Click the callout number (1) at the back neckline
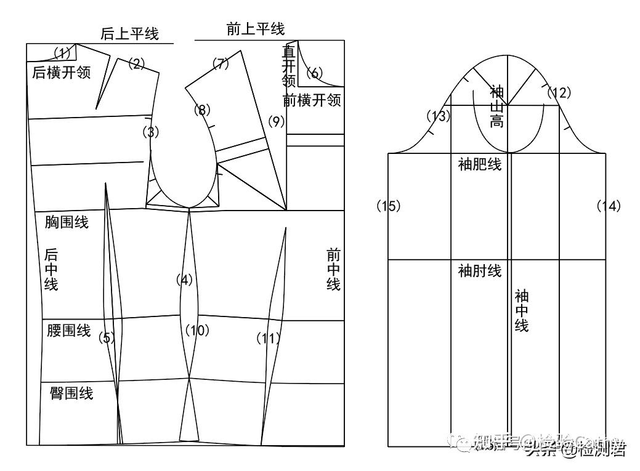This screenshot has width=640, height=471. click(x=63, y=52)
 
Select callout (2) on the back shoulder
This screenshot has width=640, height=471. click(x=136, y=63)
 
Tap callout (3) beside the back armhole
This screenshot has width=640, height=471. click(x=150, y=131)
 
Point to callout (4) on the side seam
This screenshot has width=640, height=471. click(x=184, y=280)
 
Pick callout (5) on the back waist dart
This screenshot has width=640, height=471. click(x=107, y=337)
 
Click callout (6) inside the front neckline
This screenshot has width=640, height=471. click(x=314, y=73)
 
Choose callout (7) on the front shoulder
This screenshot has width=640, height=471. click(x=221, y=63)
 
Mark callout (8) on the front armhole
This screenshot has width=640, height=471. click(x=202, y=110)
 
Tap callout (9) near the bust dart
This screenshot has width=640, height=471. click(x=277, y=122)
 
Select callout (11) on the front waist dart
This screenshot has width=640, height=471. click(x=268, y=338)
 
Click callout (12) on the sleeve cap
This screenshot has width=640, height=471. click(x=559, y=93)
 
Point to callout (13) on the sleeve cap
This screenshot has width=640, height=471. click(x=438, y=116)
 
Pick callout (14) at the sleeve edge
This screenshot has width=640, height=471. click(x=609, y=206)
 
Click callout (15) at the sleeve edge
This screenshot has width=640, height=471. click(x=389, y=206)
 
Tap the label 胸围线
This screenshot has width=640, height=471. click(x=67, y=222)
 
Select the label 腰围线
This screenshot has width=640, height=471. click(x=68, y=331)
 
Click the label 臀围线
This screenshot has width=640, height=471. click(x=71, y=393)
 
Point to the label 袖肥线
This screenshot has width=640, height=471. click(x=480, y=164)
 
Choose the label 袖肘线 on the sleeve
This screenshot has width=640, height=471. click(x=480, y=270)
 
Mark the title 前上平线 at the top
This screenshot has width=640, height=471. click(x=256, y=28)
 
